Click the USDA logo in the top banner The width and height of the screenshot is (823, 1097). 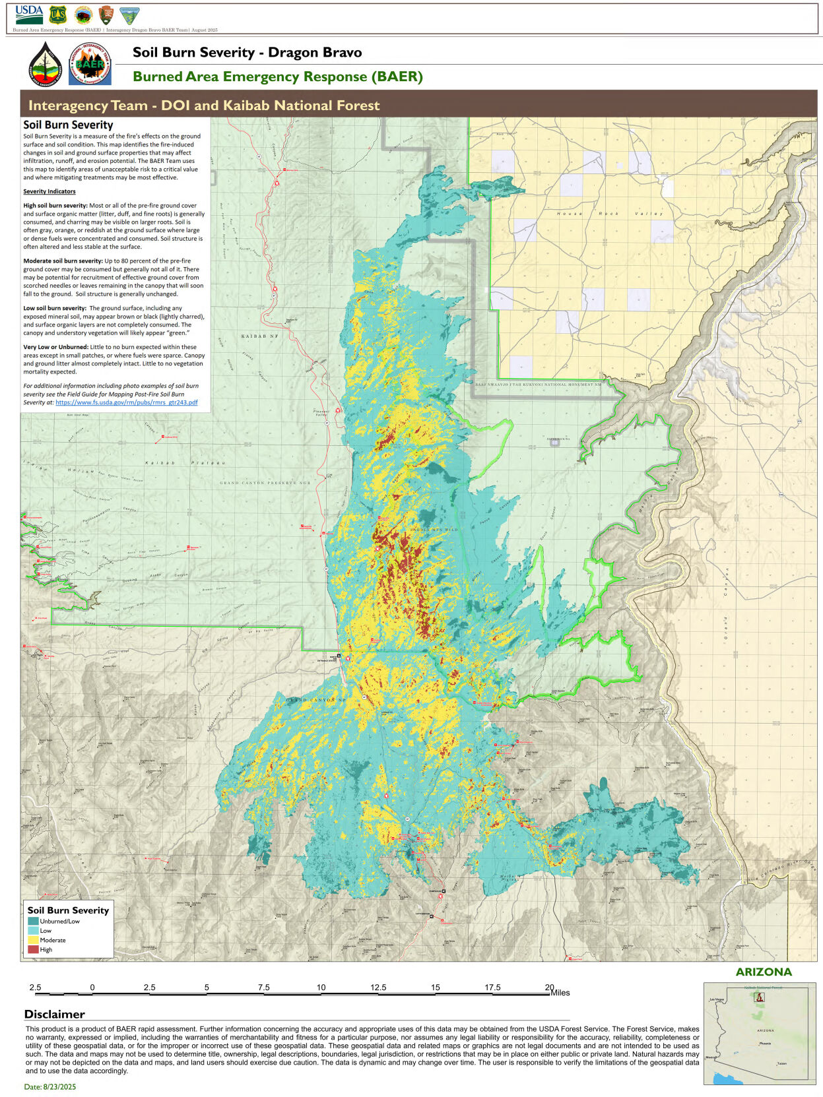28,13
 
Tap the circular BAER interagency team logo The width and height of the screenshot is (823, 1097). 90,64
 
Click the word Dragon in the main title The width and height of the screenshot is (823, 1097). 288,52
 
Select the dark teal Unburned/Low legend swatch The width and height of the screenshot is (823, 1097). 33,921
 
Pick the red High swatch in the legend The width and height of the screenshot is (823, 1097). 33,949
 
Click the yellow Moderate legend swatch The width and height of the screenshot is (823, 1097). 33,940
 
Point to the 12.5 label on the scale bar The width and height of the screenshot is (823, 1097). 378,987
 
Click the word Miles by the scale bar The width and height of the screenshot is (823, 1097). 560,992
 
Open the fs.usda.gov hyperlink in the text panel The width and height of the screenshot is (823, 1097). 126,402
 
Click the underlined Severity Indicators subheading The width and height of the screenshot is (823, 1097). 49,191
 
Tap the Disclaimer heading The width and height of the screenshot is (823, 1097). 54,1014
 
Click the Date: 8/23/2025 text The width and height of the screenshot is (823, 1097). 50,1086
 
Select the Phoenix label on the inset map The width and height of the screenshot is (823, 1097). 765,1044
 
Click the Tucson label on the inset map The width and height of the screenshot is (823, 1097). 781,1063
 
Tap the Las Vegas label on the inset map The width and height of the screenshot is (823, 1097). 717,1000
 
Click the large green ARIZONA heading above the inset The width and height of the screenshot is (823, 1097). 764,972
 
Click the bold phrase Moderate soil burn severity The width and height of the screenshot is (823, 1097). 63,261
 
